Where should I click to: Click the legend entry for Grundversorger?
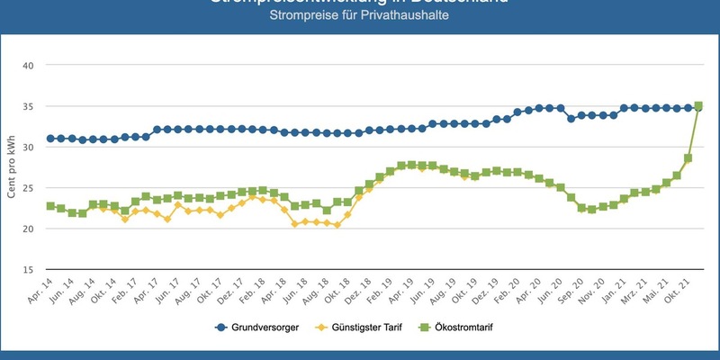(x=259, y=328)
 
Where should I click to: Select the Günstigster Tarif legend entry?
(x=369, y=328)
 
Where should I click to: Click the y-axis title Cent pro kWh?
(x=11, y=168)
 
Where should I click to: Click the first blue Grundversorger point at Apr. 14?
(x=50, y=139)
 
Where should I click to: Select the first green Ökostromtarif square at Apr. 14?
(x=50, y=206)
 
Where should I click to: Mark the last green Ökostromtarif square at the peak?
(x=698, y=105)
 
